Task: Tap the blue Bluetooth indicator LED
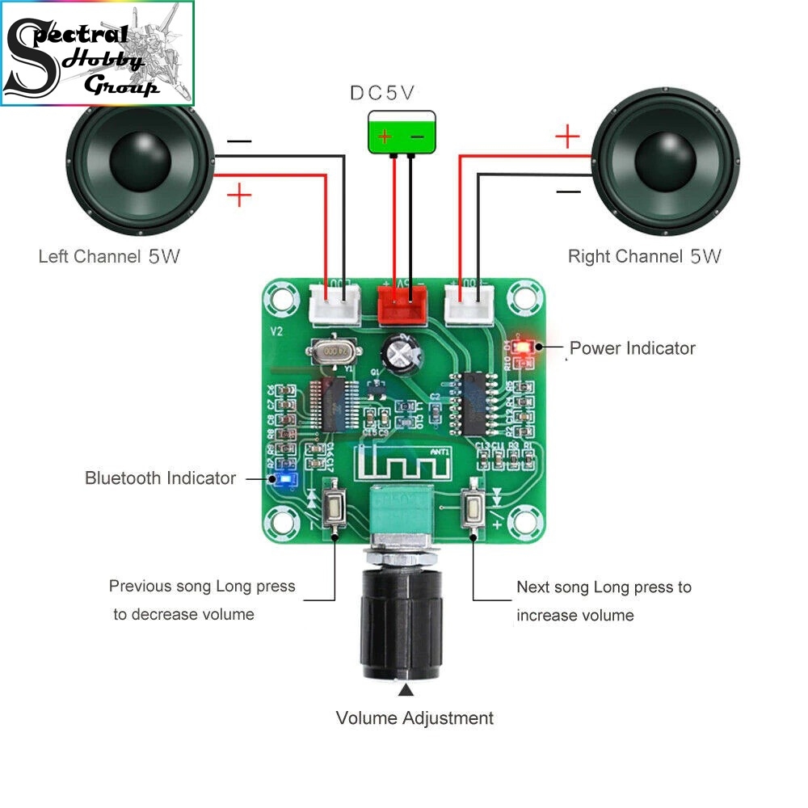283,480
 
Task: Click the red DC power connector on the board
402,302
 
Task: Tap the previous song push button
334,508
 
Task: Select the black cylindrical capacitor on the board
401,352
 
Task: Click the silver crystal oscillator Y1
333,351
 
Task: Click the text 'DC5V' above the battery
383,93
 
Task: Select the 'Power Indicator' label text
633,348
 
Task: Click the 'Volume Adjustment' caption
415,718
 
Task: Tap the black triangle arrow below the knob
406,690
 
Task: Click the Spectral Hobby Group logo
98,53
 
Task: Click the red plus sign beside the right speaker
568,137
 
